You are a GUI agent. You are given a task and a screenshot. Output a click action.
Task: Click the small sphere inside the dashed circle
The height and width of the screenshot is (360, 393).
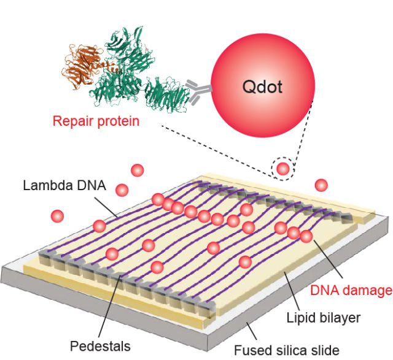[282, 168]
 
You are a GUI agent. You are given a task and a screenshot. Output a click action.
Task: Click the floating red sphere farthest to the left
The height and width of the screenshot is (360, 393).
[58, 216]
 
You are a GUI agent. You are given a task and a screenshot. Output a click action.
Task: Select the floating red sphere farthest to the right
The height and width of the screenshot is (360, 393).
[321, 185]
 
